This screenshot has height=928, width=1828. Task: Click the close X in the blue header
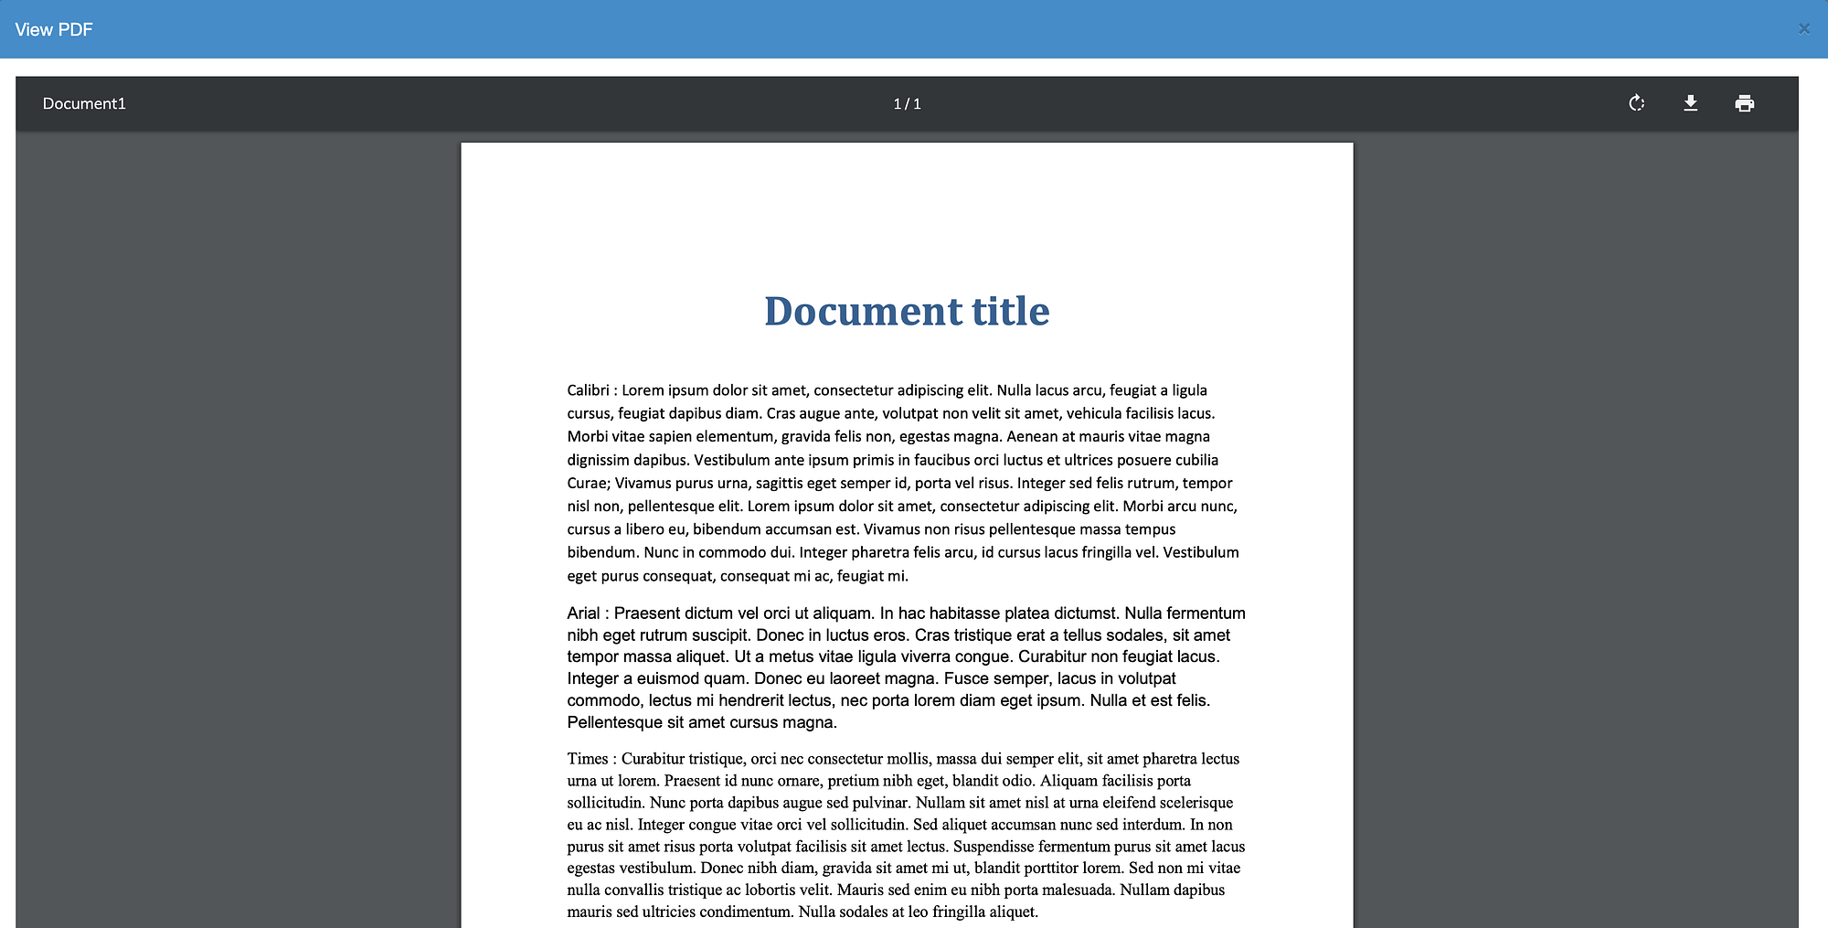click(1803, 29)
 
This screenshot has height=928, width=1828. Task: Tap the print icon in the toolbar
click(1744, 103)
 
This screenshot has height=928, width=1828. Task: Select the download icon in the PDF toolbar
click(1690, 103)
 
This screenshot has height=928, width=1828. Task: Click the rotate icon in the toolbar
click(1636, 103)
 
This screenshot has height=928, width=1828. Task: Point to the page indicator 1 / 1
click(907, 104)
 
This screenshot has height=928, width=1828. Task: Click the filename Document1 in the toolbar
click(84, 104)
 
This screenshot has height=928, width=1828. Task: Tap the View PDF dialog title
click(54, 29)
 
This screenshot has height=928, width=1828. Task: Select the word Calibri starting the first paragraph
click(588, 390)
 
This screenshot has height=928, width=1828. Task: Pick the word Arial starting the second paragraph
click(583, 613)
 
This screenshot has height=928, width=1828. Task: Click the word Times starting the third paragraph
click(587, 759)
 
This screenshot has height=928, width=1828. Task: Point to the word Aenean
click(1032, 437)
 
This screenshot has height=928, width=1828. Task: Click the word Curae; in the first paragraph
click(589, 484)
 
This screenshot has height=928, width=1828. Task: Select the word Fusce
click(965, 678)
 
